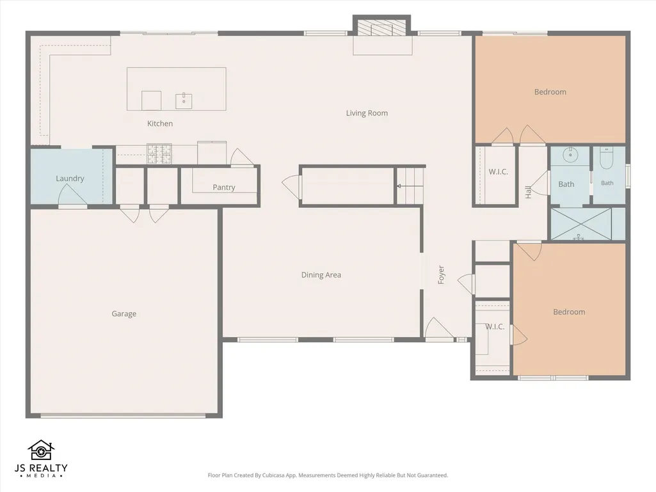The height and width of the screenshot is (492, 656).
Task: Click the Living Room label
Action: pyautogui.click(x=367, y=113)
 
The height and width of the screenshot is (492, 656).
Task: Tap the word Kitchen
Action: pyautogui.click(x=160, y=123)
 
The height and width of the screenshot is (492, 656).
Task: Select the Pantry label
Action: pyautogui.click(x=224, y=187)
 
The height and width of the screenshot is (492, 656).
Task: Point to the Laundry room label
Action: pyautogui.click(x=70, y=179)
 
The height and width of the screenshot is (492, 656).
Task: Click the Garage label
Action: pyautogui.click(x=124, y=313)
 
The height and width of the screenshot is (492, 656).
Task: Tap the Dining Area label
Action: pyautogui.click(x=321, y=275)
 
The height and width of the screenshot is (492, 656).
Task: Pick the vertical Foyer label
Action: pyautogui.click(x=441, y=275)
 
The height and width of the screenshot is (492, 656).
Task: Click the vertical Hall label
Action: pyautogui.click(x=529, y=192)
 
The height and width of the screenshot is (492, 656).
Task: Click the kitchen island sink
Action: pyautogui.click(x=184, y=101)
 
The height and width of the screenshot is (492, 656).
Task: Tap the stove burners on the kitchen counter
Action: pyautogui.click(x=159, y=154)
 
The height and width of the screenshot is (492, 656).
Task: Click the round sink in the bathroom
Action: pyautogui.click(x=570, y=155)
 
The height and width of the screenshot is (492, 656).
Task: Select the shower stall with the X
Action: pyautogui.click(x=581, y=224)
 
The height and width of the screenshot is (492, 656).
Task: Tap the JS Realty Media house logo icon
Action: pyautogui.click(x=41, y=450)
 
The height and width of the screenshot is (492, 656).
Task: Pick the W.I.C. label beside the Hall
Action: pyautogui.click(x=499, y=172)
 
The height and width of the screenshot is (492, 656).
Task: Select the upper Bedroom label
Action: pyautogui.click(x=550, y=92)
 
